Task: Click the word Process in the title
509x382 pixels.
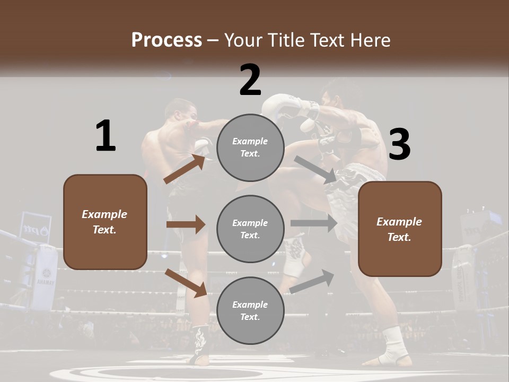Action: coord(166,40)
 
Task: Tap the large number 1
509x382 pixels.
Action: coord(106,136)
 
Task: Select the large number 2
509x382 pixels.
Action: coord(250,80)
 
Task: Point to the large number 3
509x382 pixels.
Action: coord(399,144)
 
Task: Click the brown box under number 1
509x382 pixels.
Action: coord(105,222)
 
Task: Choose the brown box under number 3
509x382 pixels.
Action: coord(400,229)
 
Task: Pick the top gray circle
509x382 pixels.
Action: coord(250,147)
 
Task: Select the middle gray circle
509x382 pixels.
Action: coord(250,229)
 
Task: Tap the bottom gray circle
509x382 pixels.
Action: coord(250,310)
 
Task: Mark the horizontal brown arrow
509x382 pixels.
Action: coord(186,224)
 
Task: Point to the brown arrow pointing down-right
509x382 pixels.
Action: coord(186,282)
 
